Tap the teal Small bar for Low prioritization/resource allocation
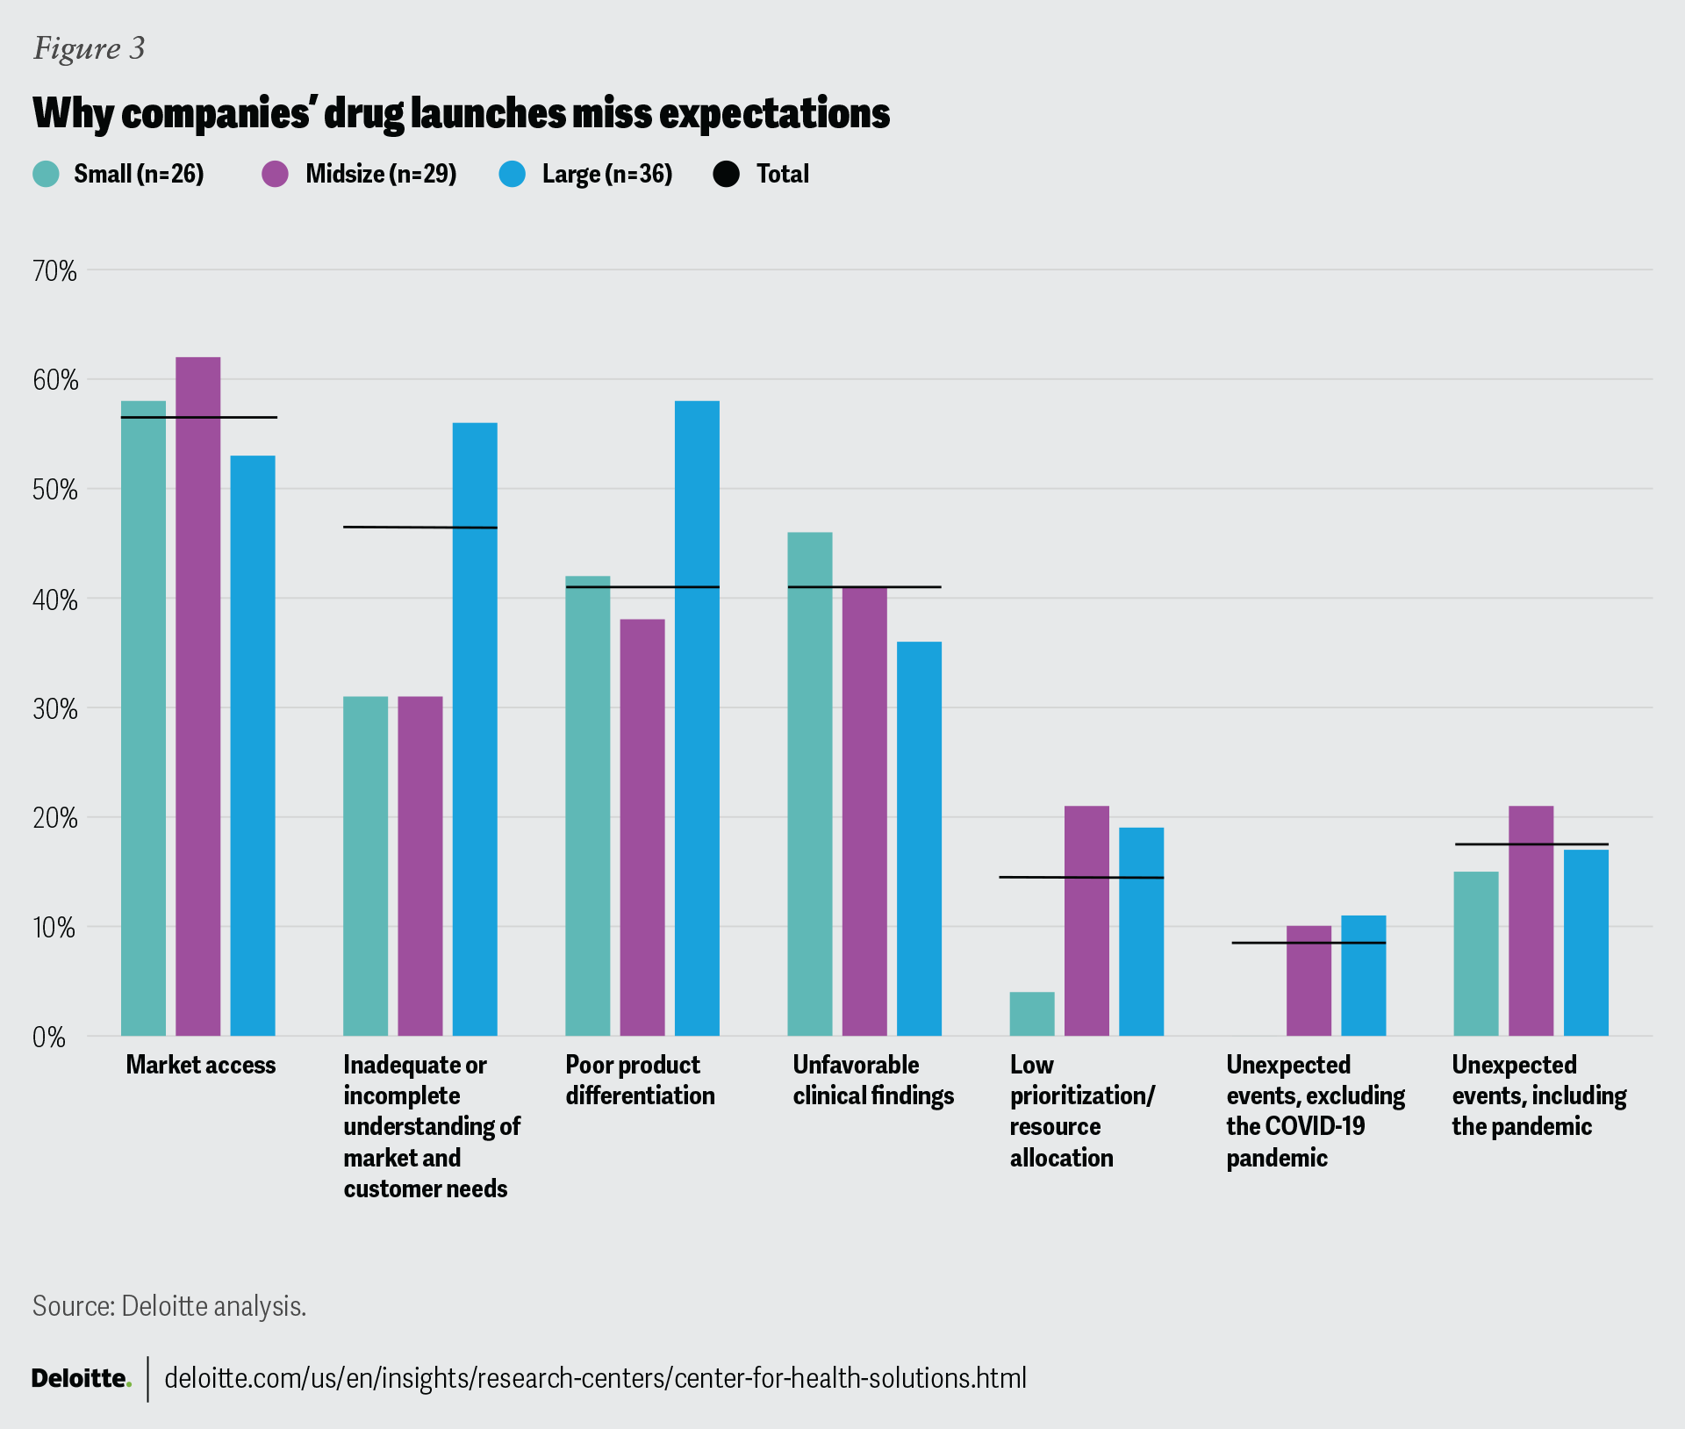click(x=1032, y=1014)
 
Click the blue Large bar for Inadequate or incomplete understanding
click(x=475, y=729)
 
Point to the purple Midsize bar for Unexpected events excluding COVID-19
click(x=1309, y=980)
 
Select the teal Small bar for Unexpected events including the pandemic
click(x=1476, y=953)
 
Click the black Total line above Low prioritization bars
click(x=1081, y=877)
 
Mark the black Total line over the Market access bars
click(x=198, y=417)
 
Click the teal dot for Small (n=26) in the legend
click(x=46, y=174)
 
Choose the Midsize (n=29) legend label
click(x=381, y=174)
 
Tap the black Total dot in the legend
click(x=727, y=174)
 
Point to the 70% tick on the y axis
click(x=54, y=271)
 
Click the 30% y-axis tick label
click(x=54, y=709)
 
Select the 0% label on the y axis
click(x=49, y=1038)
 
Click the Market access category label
click(x=200, y=1065)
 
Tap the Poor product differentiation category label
click(x=640, y=1080)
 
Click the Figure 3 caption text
click(x=89, y=47)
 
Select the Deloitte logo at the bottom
click(x=81, y=1378)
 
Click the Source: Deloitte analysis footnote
click(x=169, y=1305)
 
